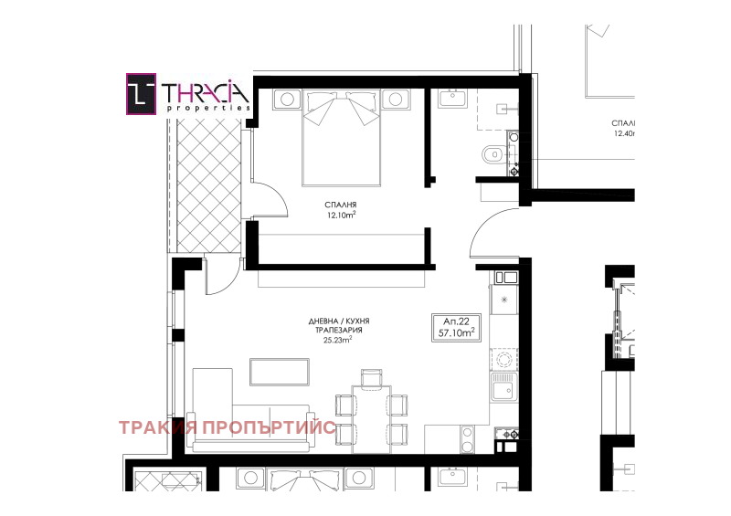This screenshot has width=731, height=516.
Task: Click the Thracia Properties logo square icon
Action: coord(141,95)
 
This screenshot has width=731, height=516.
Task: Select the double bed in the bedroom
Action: coord(340,137)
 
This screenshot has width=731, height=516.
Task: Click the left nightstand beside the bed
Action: coord(287,98)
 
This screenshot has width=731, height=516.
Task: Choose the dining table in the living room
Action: coord(369,416)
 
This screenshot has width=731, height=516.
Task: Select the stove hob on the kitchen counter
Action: coord(503,357)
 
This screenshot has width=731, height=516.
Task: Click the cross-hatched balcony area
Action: coord(204,187)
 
